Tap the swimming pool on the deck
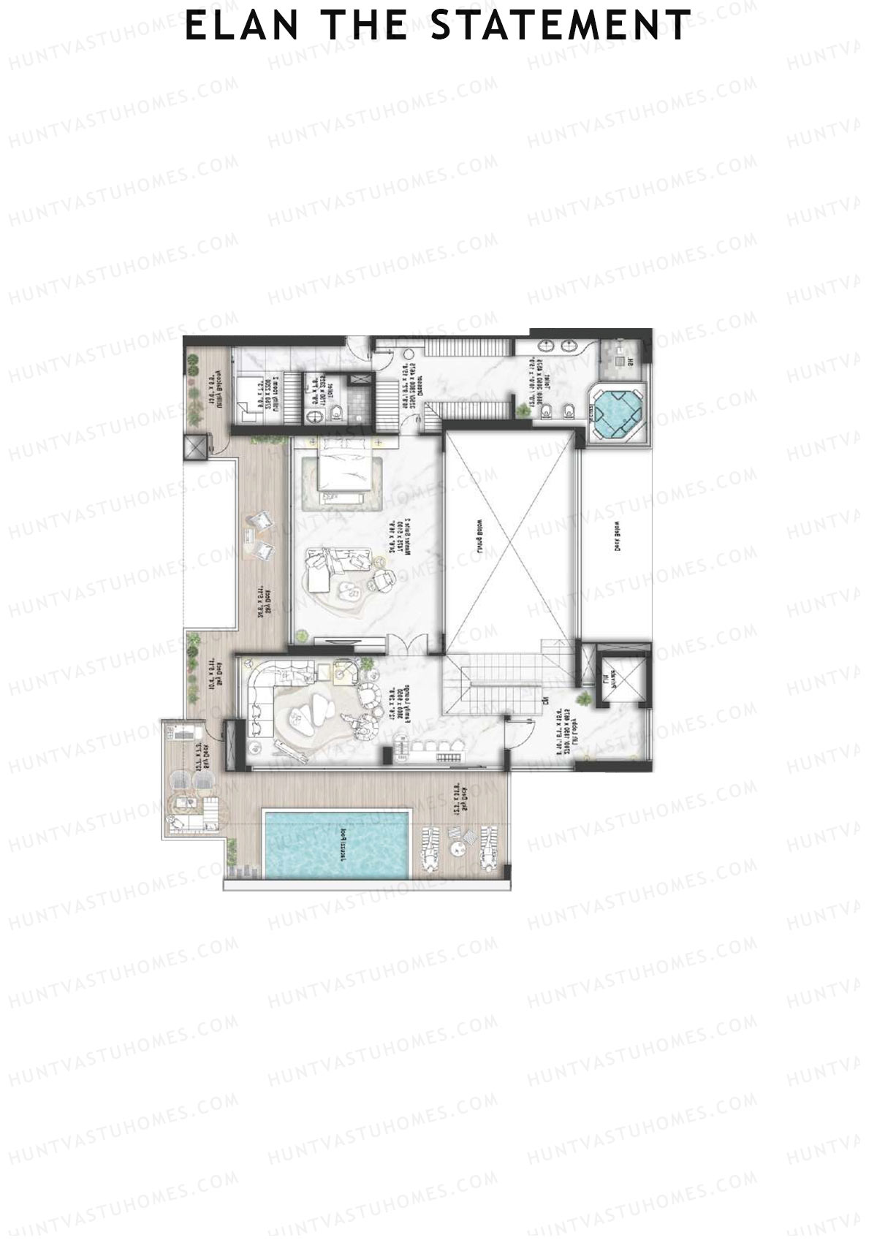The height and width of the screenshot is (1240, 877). tap(336, 843)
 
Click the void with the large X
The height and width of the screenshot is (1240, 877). tap(509, 539)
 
